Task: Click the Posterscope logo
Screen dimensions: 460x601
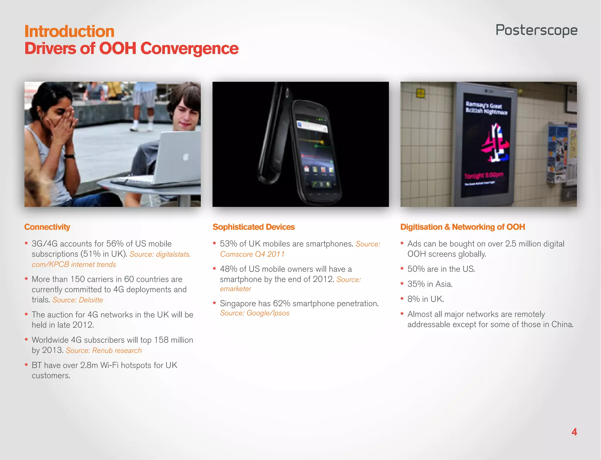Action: coord(536,31)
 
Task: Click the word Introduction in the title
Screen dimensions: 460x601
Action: coord(69,31)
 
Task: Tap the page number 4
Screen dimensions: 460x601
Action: coord(574,432)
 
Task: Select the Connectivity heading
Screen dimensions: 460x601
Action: coord(47,227)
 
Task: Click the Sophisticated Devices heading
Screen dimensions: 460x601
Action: coord(254,227)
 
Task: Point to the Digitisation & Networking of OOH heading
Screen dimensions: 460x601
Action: coord(462,227)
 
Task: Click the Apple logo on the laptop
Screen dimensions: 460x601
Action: coord(185,157)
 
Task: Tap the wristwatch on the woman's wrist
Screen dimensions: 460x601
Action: coord(70,156)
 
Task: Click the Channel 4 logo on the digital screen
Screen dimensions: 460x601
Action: coord(495,143)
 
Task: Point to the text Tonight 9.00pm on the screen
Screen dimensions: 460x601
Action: coord(484,175)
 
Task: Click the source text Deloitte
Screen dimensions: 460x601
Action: coord(91,300)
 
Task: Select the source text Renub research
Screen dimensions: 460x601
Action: coord(117,351)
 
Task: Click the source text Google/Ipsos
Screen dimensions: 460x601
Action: coord(268,313)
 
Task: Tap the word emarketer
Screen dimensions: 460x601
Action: coord(236,289)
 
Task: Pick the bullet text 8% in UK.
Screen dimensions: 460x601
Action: coord(426,299)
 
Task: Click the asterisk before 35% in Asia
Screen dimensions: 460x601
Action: coord(402,284)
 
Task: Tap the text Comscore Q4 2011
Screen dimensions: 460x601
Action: coord(252,254)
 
